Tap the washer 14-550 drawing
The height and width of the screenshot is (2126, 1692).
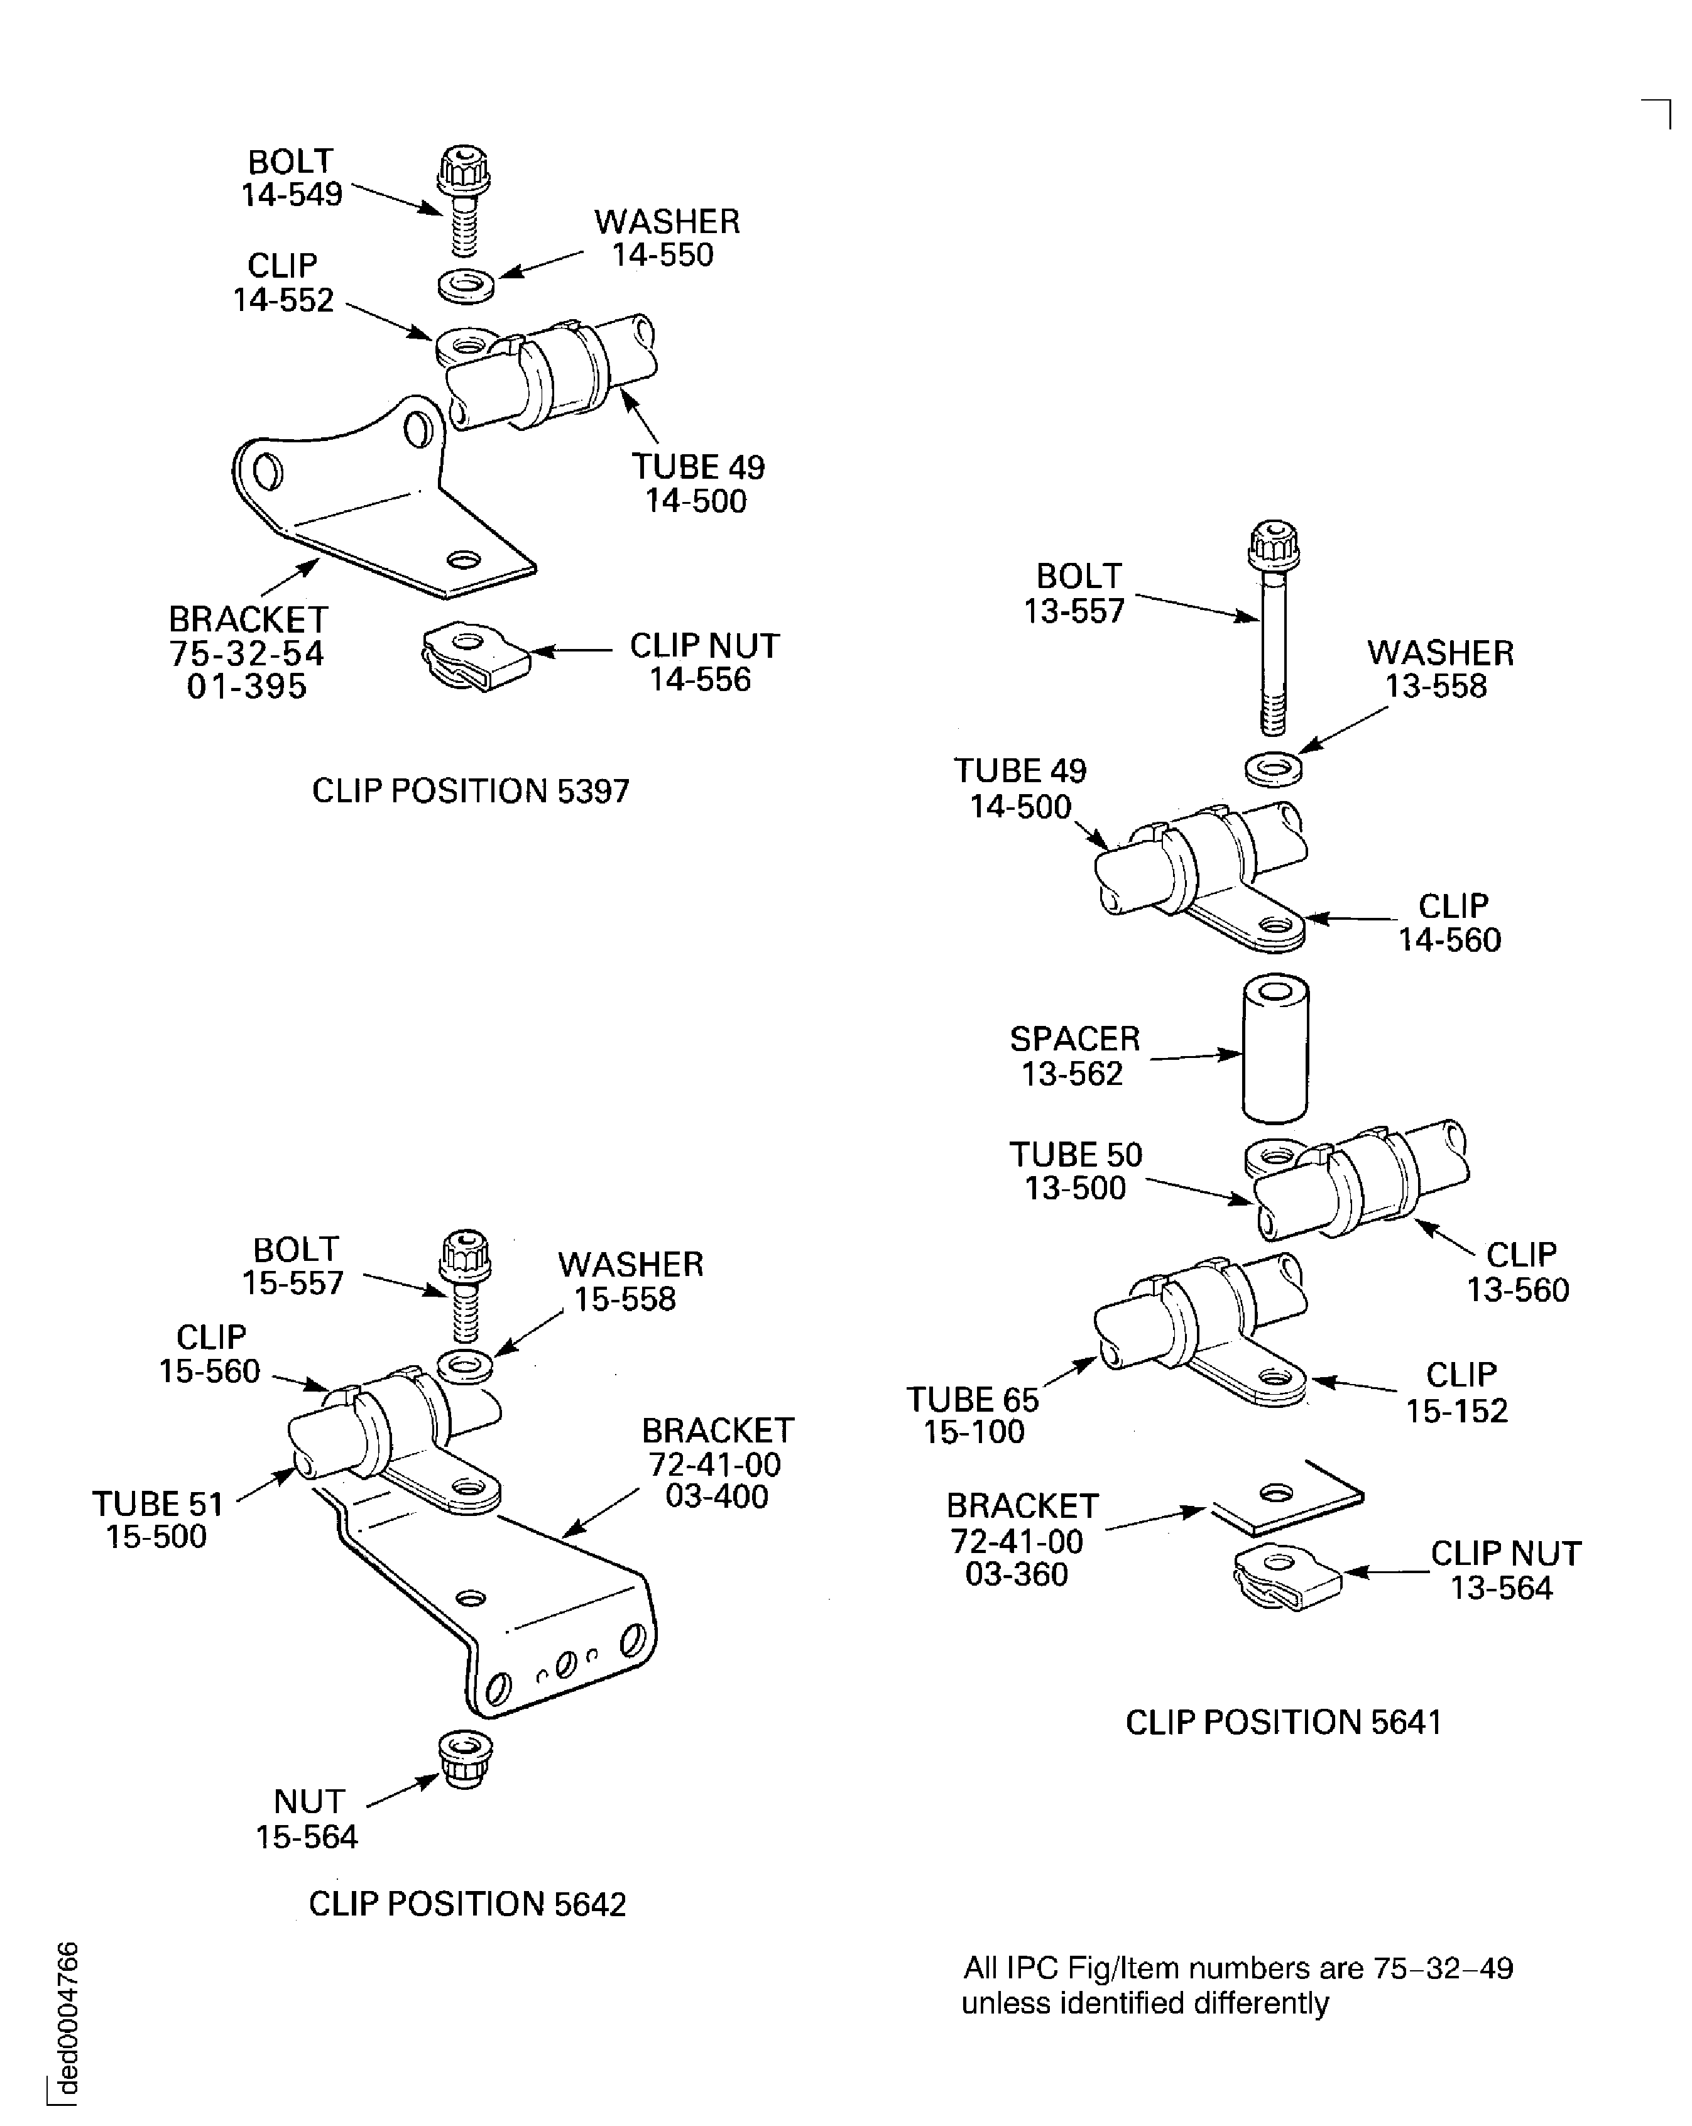[x=466, y=284]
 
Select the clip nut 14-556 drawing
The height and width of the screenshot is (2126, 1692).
[x=475, y=658]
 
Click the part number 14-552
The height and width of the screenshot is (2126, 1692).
[x=283, y=300]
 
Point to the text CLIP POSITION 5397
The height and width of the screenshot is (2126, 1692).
[x=471, y=791]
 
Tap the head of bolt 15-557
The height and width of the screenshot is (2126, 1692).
[x=464, y=1257]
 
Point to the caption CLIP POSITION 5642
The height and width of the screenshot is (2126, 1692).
[x=467, y=1904]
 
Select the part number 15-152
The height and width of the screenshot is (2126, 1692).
[x=1456, y=1411]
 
